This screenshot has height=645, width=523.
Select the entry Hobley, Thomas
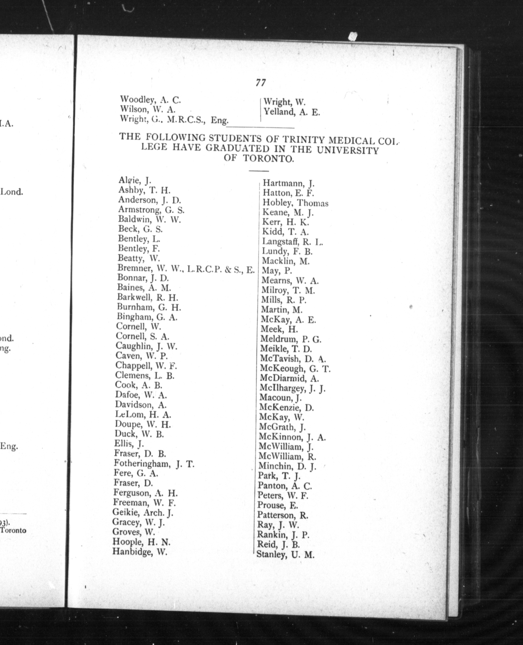coord(295,203)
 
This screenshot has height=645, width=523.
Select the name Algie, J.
coord(135,180)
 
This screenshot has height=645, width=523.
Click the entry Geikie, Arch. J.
coord(143,512)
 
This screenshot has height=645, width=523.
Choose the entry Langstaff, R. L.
coord(292,242)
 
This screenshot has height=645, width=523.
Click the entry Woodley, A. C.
coord(150,99)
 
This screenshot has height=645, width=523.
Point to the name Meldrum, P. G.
coord(291,339)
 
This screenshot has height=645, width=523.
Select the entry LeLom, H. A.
coord(143,415)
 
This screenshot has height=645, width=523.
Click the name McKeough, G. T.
coord(295,368)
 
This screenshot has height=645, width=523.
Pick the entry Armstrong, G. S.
coord(151,210)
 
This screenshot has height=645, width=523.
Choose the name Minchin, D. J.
coord(287,466)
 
